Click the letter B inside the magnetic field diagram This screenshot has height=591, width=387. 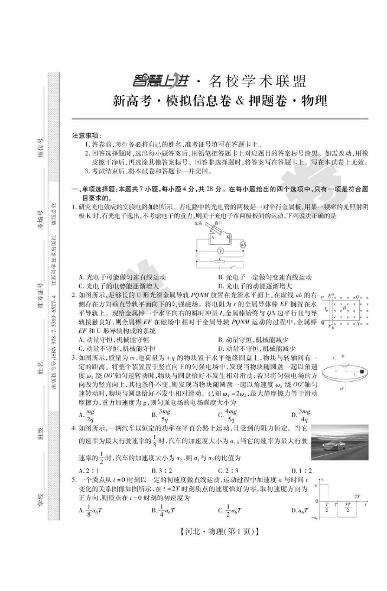pyautogui.click(x=342, y=308)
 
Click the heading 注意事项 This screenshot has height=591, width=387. pyautogui.click(x=87, y=135)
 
